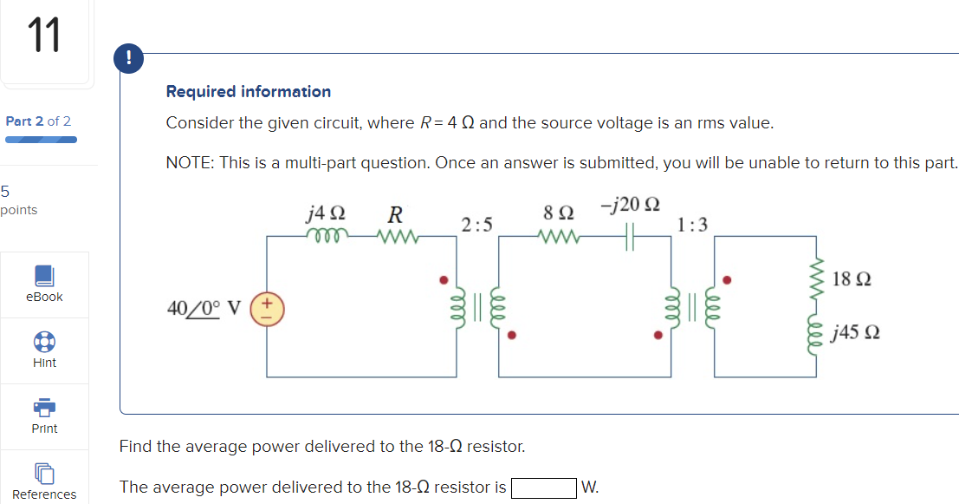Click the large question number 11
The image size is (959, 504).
[44, 36]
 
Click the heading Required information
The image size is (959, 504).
[248, 91]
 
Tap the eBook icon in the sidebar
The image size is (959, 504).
[44, 276]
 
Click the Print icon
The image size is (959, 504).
[44, 407]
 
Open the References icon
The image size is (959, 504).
[44, 473]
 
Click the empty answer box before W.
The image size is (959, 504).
[543, 488]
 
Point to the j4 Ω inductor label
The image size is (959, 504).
[326, 213]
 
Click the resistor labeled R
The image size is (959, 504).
[397, 235]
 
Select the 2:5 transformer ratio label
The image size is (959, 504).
[476, 226]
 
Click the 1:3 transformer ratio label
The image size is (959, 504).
[693, 226]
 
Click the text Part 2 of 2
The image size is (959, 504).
[38, 121]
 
